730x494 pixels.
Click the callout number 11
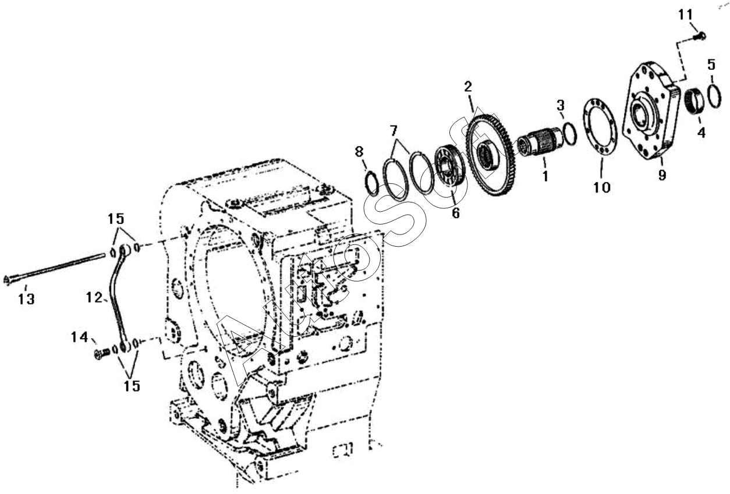[686, 15]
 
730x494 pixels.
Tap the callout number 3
[561, 105]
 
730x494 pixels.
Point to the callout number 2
[468, 87]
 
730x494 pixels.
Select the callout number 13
[26, 299]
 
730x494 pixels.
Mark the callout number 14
[79, 337]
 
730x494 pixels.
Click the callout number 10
[601, 187]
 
